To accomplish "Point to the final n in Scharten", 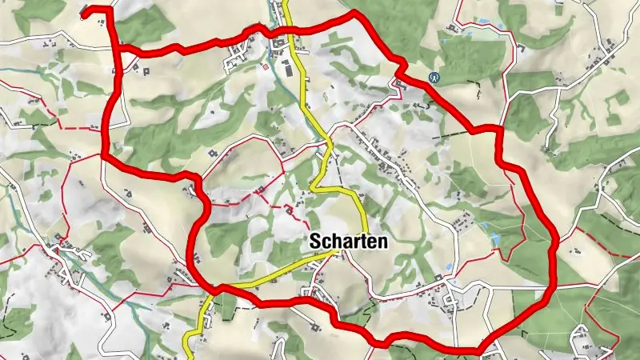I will coord(384,241).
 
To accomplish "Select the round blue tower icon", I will coord(435,78).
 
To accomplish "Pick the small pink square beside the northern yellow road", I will coord(265,68).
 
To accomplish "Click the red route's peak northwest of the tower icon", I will coord(353,13).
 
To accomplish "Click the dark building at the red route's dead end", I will coord(85,9).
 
